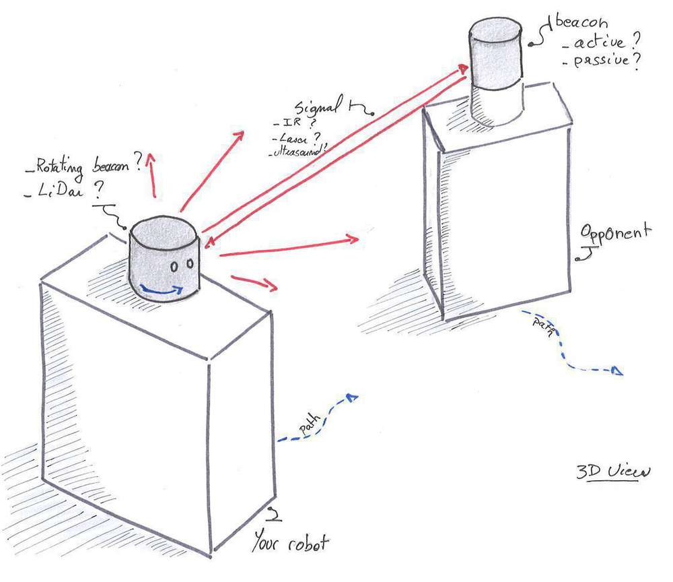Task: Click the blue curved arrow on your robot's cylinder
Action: tap(162, 290)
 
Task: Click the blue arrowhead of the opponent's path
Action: tap(617, 371)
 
